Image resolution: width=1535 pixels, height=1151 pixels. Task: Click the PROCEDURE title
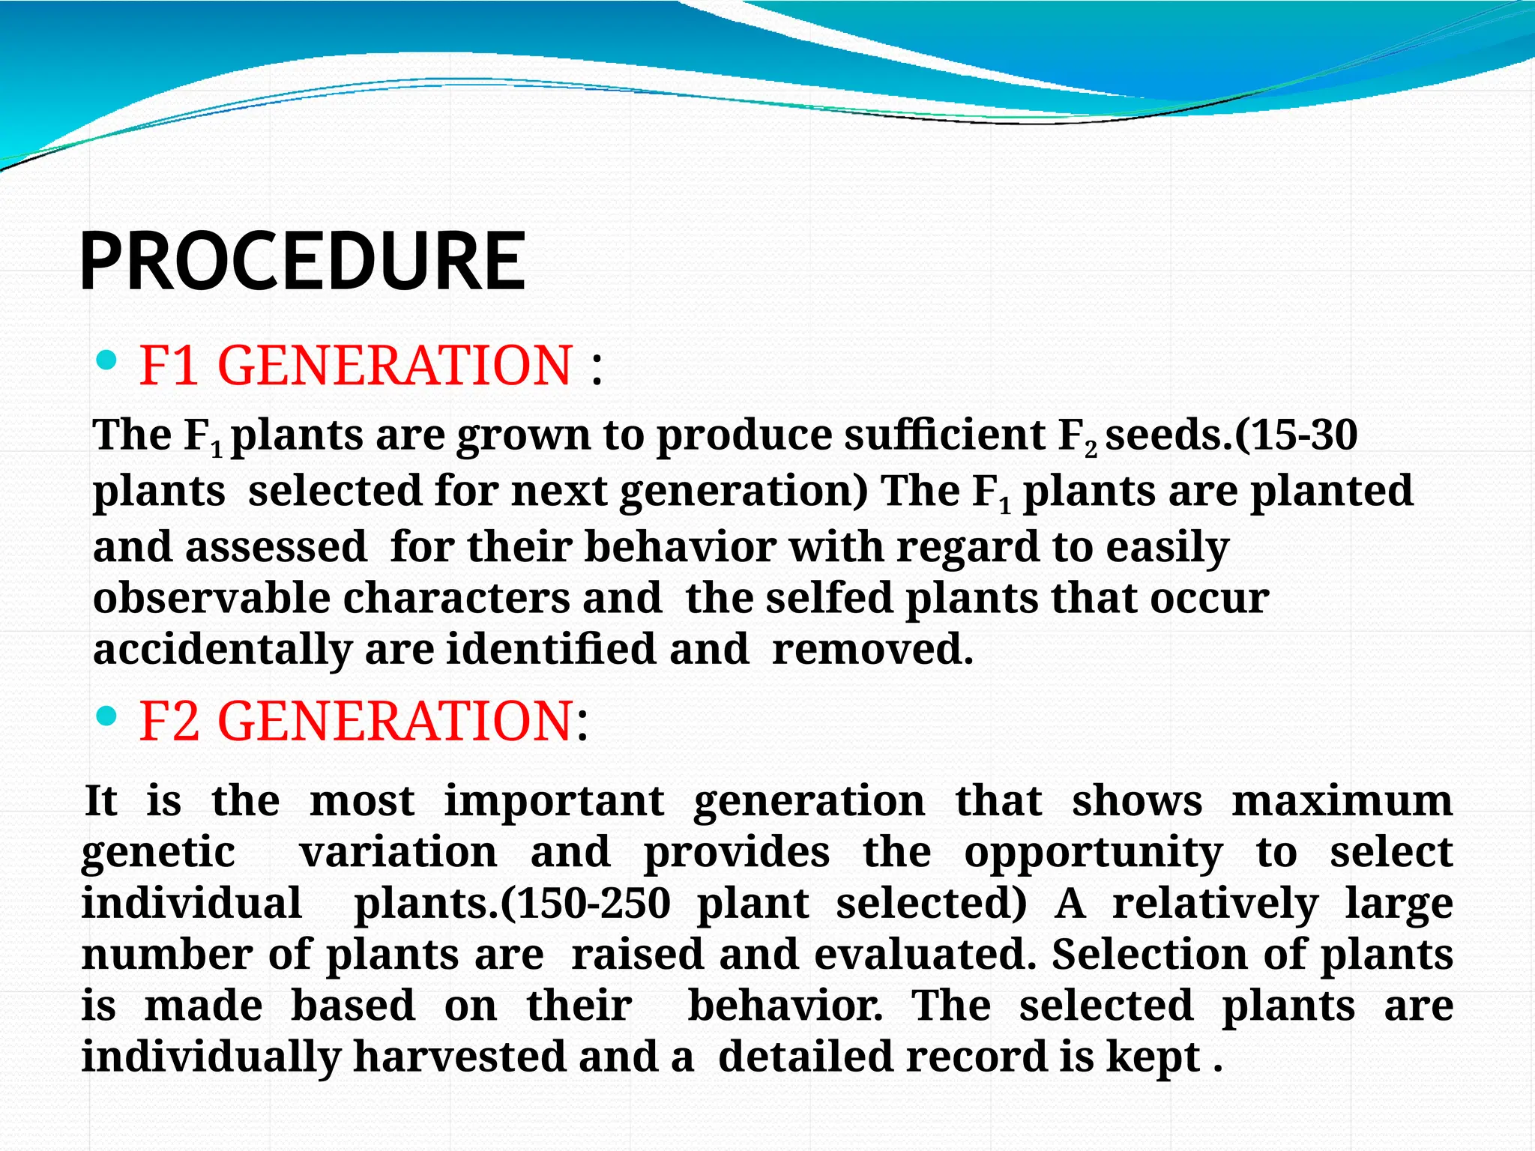click(302, 262)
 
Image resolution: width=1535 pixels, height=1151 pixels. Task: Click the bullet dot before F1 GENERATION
click(107, 362)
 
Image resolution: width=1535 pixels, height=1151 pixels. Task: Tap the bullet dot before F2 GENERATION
click(107, 717)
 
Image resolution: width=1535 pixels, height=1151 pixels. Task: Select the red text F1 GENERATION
click(356, 366)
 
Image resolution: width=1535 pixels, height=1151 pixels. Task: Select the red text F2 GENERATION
click(356, 721)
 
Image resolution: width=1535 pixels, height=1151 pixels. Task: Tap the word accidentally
click(223, 649)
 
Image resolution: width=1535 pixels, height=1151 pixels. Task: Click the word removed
click(872, 649)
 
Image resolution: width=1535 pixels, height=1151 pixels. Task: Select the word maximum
click(1342, 800)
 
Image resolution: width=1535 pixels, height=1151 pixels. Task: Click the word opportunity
click(1093, 853)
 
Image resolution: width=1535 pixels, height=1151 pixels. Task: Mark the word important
click(554, 800)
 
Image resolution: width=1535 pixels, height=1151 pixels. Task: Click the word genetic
click(158, 853)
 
